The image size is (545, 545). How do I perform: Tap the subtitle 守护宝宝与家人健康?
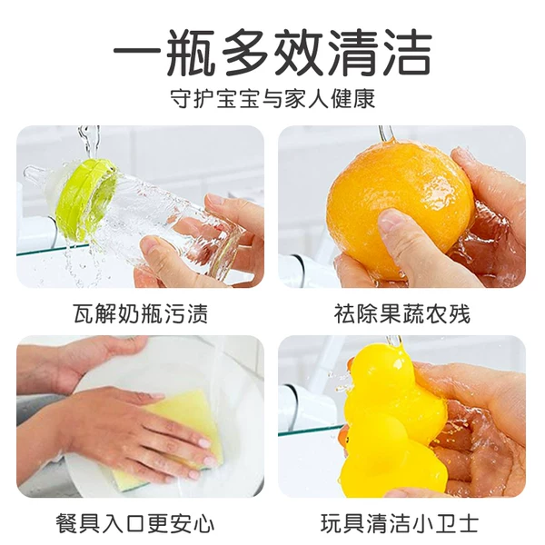(x=272, y=98)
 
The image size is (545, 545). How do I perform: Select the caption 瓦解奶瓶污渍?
(x=140, y=314)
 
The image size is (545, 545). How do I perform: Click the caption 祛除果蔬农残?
(x=401, y=314)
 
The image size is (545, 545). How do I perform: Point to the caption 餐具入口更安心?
(x=140, y=524)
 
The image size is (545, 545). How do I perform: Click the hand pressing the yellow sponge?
(x=127, y=427)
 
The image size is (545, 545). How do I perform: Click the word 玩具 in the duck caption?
(x=340, y=524)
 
